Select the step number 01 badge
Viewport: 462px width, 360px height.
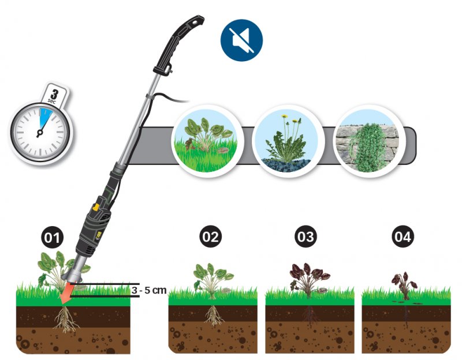pos(53,237)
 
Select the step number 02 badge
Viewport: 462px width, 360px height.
pos(210,237)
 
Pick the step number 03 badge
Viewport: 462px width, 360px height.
pos(305,237)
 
